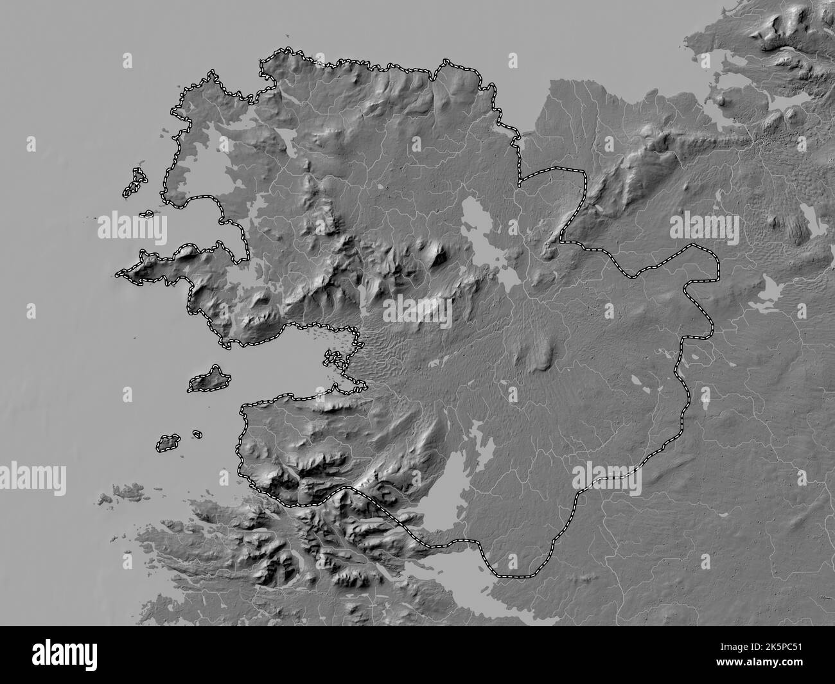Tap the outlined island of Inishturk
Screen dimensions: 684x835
point(170,442)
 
